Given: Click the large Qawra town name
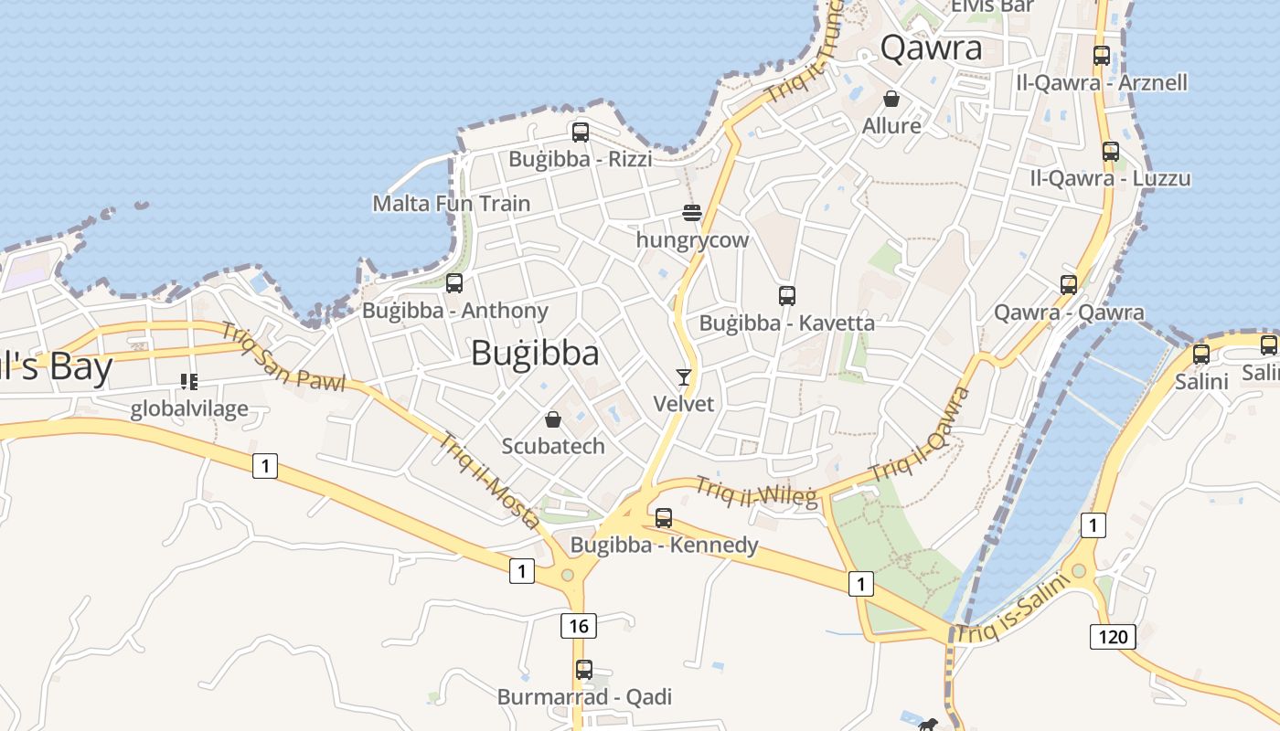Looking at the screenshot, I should click(931, 48).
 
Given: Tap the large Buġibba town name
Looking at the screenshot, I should click(535, 354).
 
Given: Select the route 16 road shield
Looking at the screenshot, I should click(578, 626).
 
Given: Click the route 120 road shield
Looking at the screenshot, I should click(1112, 636).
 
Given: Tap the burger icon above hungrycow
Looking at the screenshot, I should click(692, 214).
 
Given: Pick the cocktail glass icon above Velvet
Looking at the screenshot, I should click(683, 377).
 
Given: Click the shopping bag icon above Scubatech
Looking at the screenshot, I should click(553, 419).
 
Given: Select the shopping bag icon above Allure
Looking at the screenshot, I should click(891, 99).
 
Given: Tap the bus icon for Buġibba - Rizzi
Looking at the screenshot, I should click(581, 132).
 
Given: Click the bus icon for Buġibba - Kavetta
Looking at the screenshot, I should click(787, 296).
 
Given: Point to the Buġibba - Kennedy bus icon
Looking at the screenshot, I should click(664, 518).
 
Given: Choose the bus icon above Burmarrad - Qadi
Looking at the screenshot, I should click(584, 670).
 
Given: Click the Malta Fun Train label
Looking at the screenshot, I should click(452, 203).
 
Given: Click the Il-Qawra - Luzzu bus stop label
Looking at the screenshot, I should click(1110, 178).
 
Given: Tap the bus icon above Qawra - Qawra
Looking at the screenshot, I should click(1069, 285).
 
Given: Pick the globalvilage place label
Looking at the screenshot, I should click(189, 408).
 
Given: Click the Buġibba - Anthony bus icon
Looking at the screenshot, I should click(454, 283).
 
